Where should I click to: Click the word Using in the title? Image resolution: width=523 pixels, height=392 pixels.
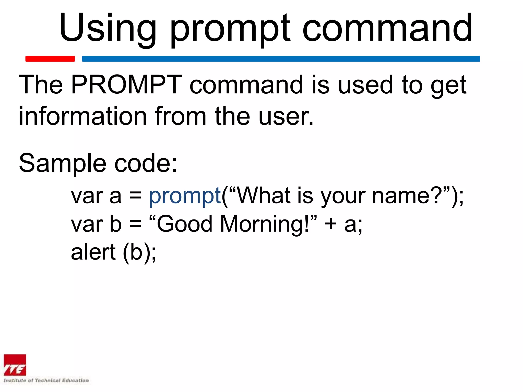click(x=108, y=28)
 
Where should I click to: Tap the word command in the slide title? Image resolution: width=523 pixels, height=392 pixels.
click(x=387, y=28)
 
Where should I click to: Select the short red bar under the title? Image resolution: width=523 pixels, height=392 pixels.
click(x=50, y=59)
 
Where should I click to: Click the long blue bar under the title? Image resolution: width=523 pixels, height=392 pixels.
click(x=281, y=59)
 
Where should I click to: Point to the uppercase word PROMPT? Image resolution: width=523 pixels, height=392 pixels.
click(x=127, y=85)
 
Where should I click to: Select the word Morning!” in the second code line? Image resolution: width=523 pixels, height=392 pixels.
click(x=268, y=224)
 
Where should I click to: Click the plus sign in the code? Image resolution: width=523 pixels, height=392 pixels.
click(x=331, y=224)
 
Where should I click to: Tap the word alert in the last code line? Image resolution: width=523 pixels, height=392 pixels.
click(x=93, y=252)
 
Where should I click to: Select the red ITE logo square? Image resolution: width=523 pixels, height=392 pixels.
click(x=15, y=365)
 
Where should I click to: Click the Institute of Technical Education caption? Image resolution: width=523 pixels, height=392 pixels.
click(x=46, y=381)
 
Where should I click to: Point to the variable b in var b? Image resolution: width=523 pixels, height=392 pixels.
click(x=115, y=224)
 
